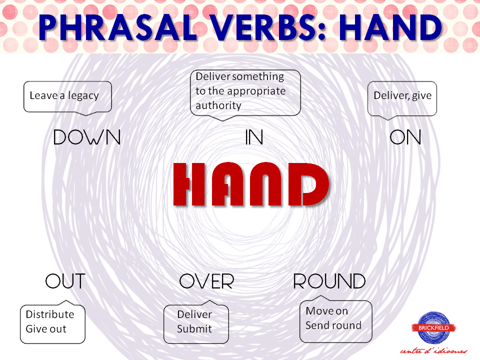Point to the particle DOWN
[87, 137]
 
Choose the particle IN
[254, 137]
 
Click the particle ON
[405, 137]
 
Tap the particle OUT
[65, 281]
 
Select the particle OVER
[206, 281]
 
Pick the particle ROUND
[329, 281]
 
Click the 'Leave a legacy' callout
[67, 96]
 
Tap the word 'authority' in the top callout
[218, 105]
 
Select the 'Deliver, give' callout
[402, 96]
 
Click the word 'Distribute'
[50, 314]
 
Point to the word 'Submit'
[194, 329]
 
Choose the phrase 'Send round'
[333, 325]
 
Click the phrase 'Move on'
[326, 311]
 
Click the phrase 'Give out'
[46, 329]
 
